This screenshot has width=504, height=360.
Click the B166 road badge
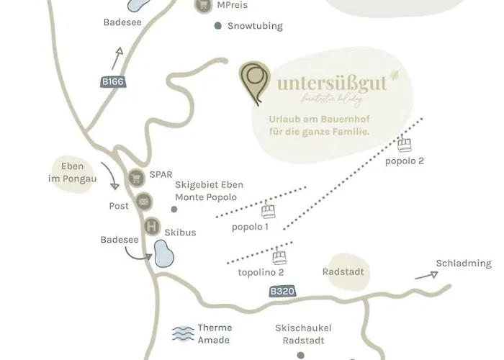(x=113, y=82)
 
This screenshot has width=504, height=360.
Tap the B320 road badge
(x=282, y=292)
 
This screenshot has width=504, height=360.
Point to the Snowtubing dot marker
(x=218, y=26)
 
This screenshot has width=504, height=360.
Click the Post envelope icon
(x=143, y=202)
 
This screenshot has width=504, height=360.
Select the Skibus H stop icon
(x=151, y=227)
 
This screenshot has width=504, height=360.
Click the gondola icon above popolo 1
(x=269, y=212)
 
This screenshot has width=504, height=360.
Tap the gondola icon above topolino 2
(x=279, y=257)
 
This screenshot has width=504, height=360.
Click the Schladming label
(x=464, y=264)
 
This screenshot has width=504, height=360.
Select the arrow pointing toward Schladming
(x=426, y=275)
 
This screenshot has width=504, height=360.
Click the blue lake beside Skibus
(x=164, y=254)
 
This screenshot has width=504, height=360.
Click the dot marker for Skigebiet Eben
(x=174, y=210)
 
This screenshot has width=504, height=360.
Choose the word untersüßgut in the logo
(x=332, y=84)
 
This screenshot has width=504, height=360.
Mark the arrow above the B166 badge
(x=116, y=57)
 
